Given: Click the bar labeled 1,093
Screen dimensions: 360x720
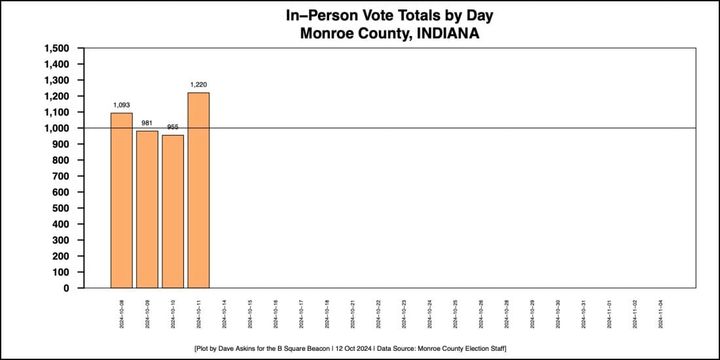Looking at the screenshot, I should coord(121,200).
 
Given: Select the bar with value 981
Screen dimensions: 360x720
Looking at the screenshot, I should coord(147,209).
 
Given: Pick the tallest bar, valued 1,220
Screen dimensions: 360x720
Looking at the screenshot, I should coord(198,190).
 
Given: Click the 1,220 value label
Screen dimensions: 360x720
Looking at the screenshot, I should coord(198,86).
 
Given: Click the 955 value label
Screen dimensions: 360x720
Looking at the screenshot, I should coord(173,128).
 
